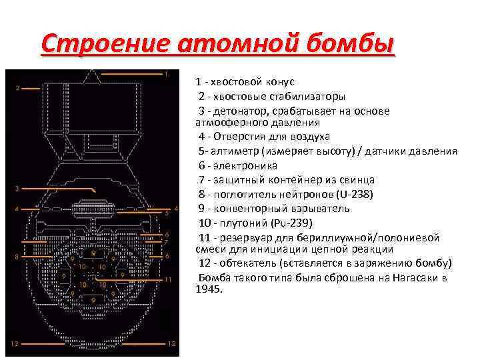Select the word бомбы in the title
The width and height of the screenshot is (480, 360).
340,45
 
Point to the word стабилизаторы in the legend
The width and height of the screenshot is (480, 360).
305,96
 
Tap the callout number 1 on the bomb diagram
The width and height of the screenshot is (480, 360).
166,73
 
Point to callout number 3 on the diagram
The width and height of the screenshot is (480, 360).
17,189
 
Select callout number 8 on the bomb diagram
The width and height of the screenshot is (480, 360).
17,256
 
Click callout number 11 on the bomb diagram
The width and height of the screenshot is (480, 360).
167,279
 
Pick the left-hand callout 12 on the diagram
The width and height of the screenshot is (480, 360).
14,344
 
